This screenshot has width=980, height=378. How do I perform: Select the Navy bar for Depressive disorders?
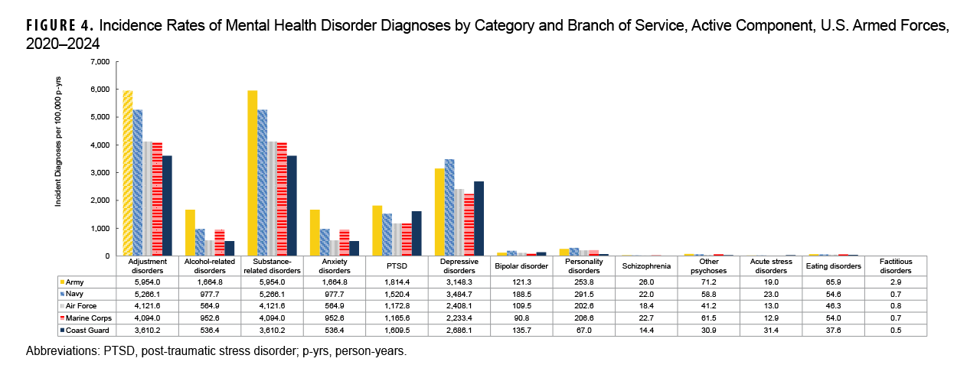449,207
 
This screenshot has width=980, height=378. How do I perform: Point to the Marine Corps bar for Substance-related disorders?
282,199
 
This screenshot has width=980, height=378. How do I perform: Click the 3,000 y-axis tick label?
100,172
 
